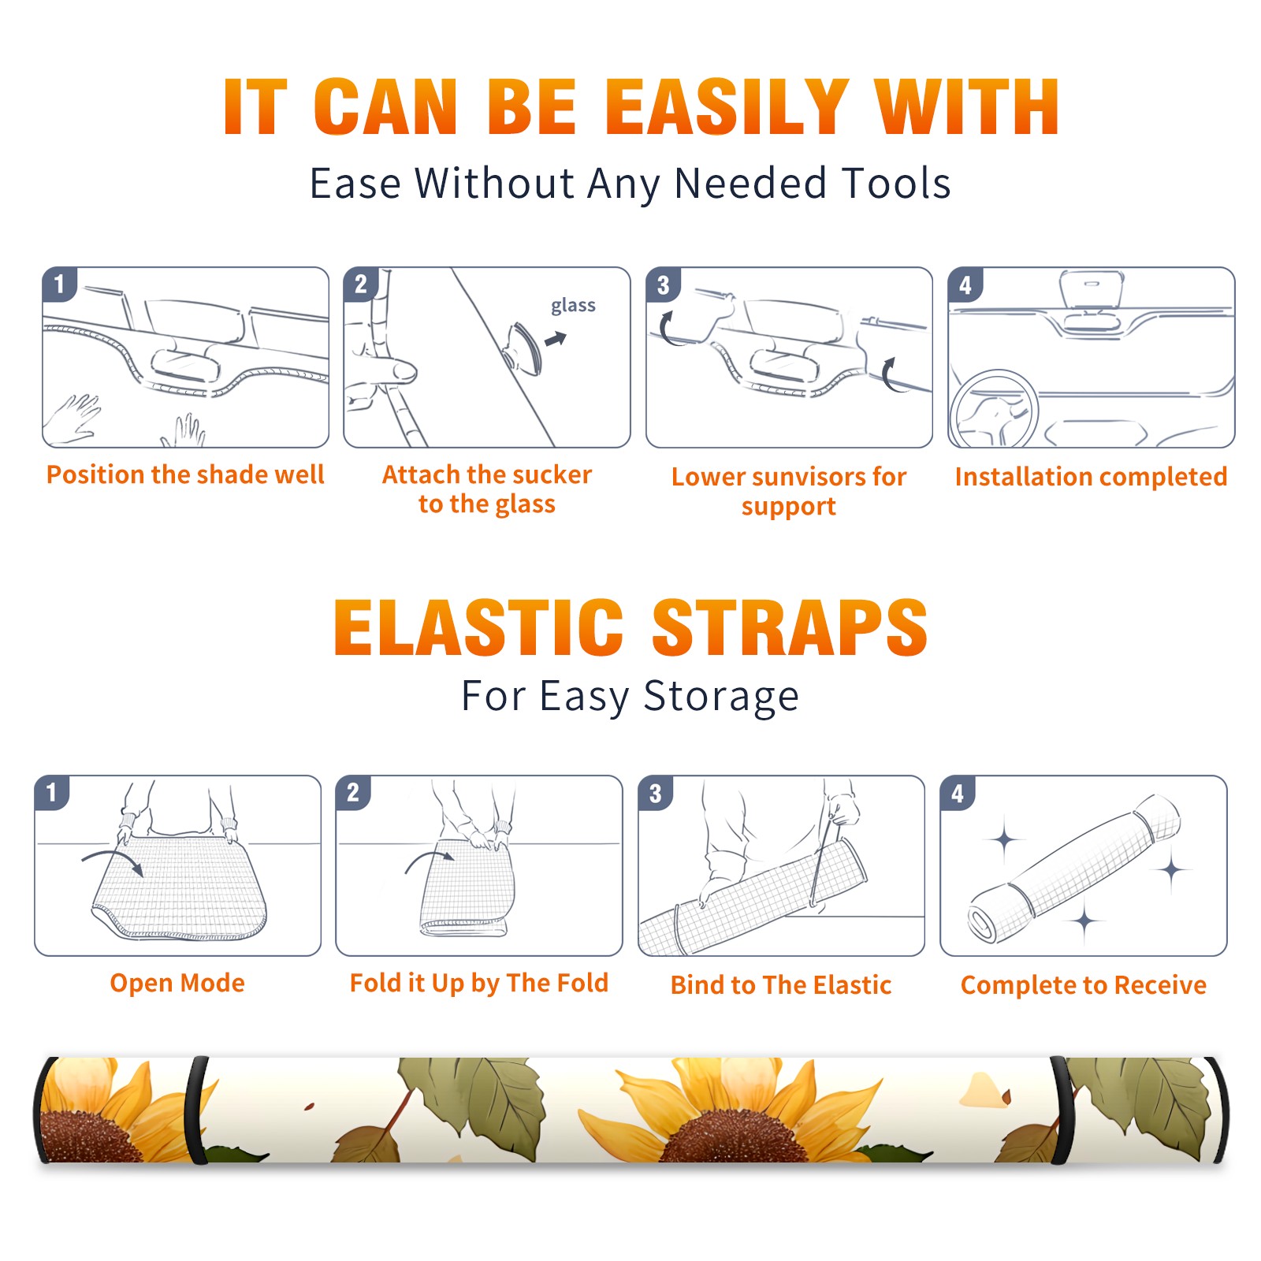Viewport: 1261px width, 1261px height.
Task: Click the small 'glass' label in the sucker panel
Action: (x=573, y=306)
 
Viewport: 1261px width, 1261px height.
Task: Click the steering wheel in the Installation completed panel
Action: (x=995, y=410)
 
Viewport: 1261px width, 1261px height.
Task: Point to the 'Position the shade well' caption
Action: (x=185, y=474)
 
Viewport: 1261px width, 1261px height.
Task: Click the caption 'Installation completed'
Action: (x=1091, y=477)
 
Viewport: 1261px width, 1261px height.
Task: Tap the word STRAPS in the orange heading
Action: (x=790, y=627)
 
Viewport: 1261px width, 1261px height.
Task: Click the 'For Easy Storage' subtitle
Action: (x=630, y=697)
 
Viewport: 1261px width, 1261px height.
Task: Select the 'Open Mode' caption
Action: (x=177, y=983)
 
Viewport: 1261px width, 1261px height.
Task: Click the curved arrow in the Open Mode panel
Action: (x=113, y=861)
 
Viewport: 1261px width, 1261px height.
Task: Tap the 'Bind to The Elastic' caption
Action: (x=780, y=985)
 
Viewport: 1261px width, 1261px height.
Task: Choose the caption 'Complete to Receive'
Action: (x=1083, y=985)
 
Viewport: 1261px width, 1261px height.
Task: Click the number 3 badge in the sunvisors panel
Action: (x=662, y=285)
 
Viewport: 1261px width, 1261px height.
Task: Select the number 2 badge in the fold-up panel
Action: (x=352, y=793)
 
